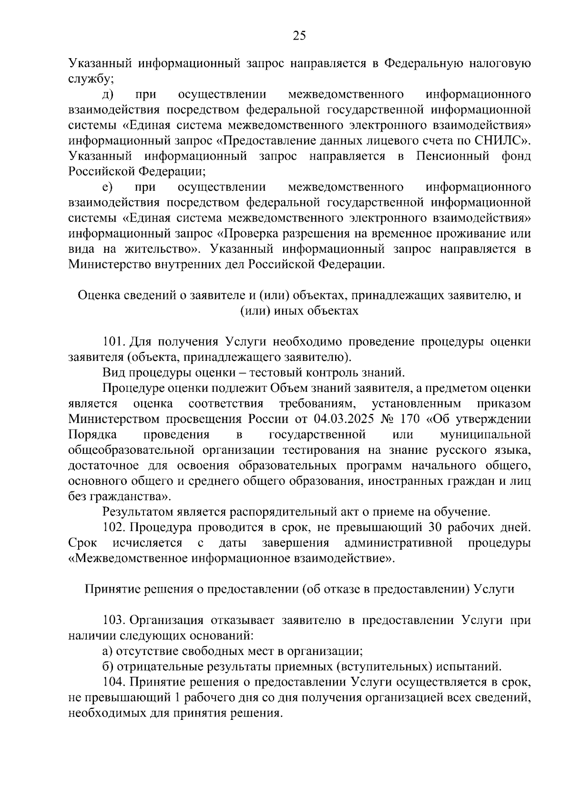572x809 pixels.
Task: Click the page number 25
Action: pyautogui.click(x=299, y=36)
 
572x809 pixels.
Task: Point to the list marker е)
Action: pyautogui.click(x=107, y=187)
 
